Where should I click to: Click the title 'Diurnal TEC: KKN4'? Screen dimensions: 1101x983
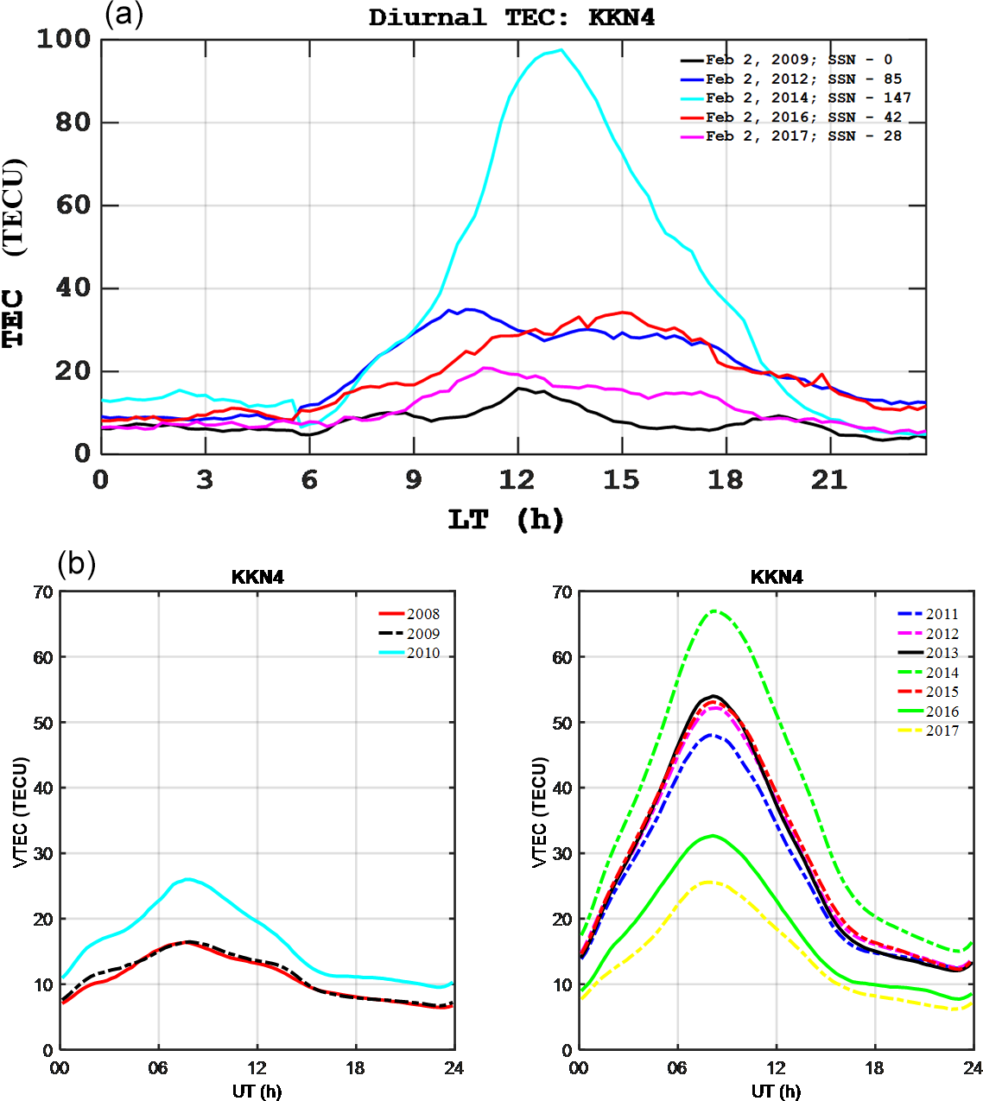click(511, 18)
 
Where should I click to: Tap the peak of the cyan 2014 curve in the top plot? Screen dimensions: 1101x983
click(561, 50)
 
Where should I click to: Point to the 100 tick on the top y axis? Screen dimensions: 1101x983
click(63, 39)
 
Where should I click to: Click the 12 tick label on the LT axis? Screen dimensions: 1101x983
click(517, 480)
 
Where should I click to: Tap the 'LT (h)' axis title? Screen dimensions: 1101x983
click(505, 520)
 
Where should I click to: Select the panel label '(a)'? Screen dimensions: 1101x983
click(124, 15)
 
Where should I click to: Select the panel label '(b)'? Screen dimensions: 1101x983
click(76, 564)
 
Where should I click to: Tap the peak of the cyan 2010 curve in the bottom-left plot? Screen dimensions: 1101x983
click(187, 879)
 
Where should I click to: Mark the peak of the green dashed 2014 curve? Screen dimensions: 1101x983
click(714, 611)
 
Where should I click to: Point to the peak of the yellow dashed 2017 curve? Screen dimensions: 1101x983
click(710, 882)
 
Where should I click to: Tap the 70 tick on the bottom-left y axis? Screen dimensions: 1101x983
click(44, 592)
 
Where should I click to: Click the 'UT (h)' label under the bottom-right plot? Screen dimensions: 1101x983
click(776, 1092)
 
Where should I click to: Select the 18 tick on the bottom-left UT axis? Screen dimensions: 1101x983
click(355, 1068)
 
